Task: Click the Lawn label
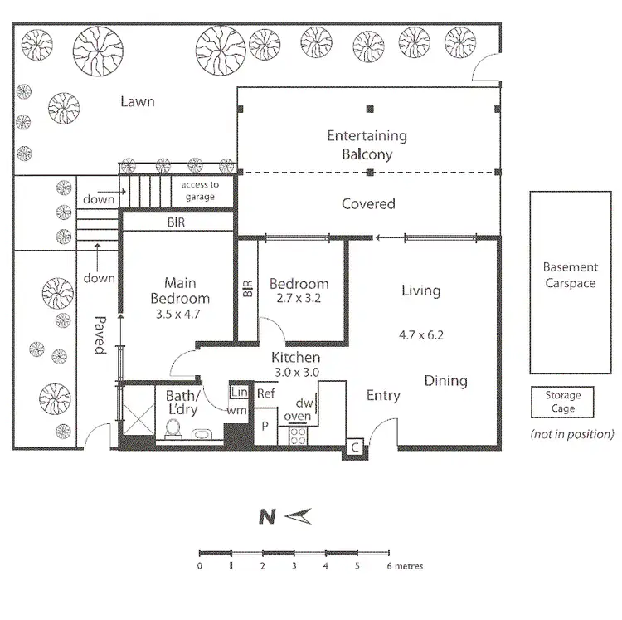tap(138, 102)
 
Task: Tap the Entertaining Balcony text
tap(367, 144)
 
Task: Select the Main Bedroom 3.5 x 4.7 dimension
tap(179, 315)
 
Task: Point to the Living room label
tap(420, 290)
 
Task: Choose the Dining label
tap(445, 381)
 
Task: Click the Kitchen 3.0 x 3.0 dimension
tap(296, 373)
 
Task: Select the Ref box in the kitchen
tap(266, 393)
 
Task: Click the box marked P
tap(265, 425)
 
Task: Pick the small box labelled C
tap(354, 447)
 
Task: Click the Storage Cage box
tap(563, 403)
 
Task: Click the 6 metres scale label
tap(406, 567)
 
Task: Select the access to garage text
tap(201, 191)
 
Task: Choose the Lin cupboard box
tap(239, 392)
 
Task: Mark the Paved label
tap(100, 334)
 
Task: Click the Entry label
tap(383, 396)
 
